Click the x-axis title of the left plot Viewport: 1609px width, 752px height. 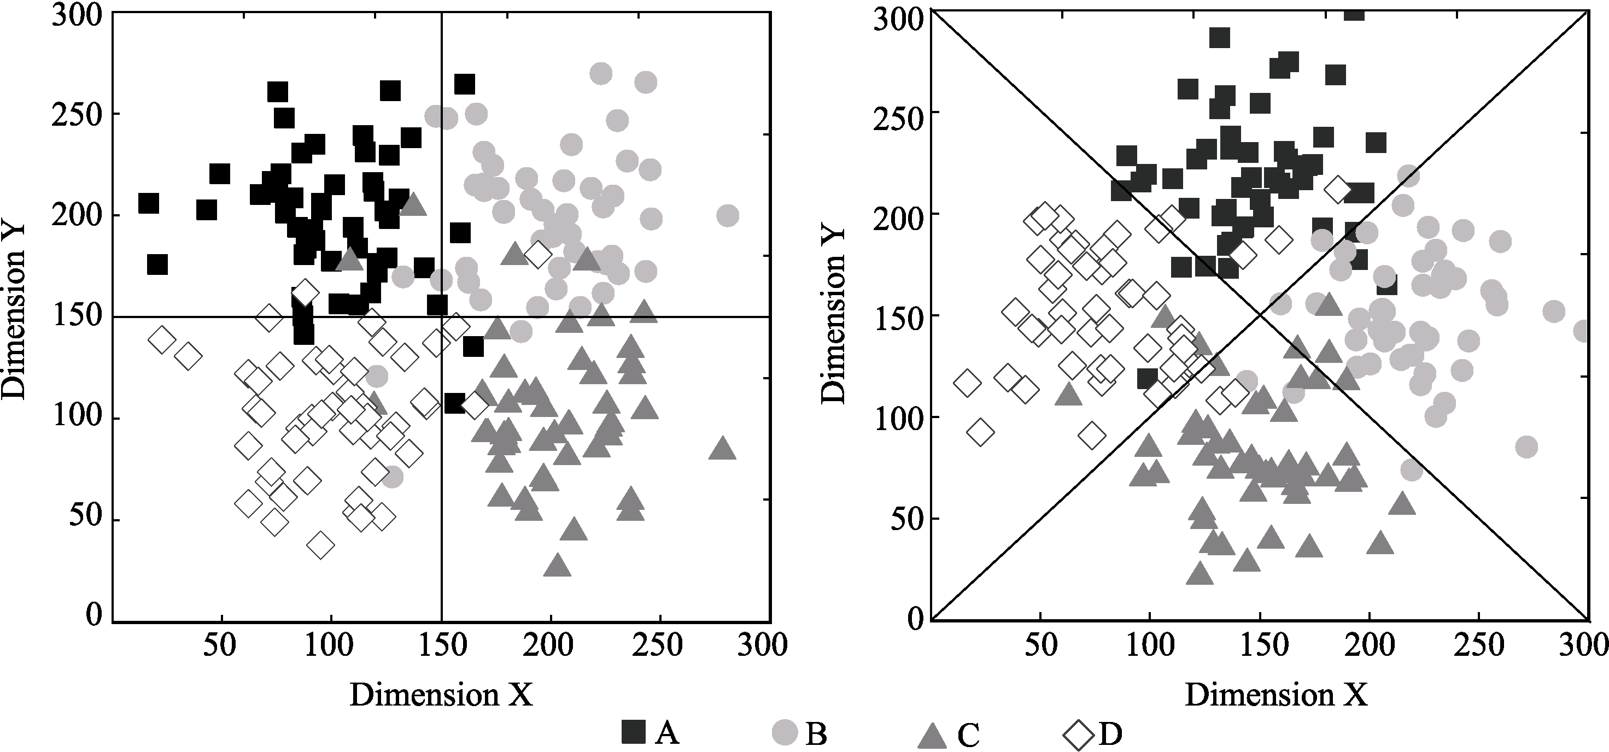441,695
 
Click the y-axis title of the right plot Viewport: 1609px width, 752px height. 833,316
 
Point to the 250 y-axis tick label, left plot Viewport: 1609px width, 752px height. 77,114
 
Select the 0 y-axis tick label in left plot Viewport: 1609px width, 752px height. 93,615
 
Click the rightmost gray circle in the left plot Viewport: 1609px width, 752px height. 727,216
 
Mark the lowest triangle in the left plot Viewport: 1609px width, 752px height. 557,565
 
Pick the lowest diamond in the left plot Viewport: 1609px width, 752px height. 321,545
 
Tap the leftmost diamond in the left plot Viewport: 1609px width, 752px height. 161,340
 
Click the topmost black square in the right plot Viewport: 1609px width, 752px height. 1354,12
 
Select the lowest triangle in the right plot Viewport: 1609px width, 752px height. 1200,573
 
